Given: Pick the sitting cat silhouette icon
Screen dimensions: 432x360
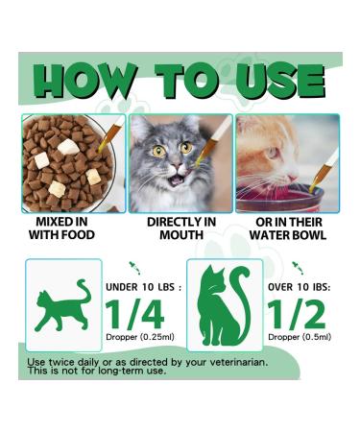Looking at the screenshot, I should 223,305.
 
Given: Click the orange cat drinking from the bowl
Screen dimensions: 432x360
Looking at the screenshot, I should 269,154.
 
